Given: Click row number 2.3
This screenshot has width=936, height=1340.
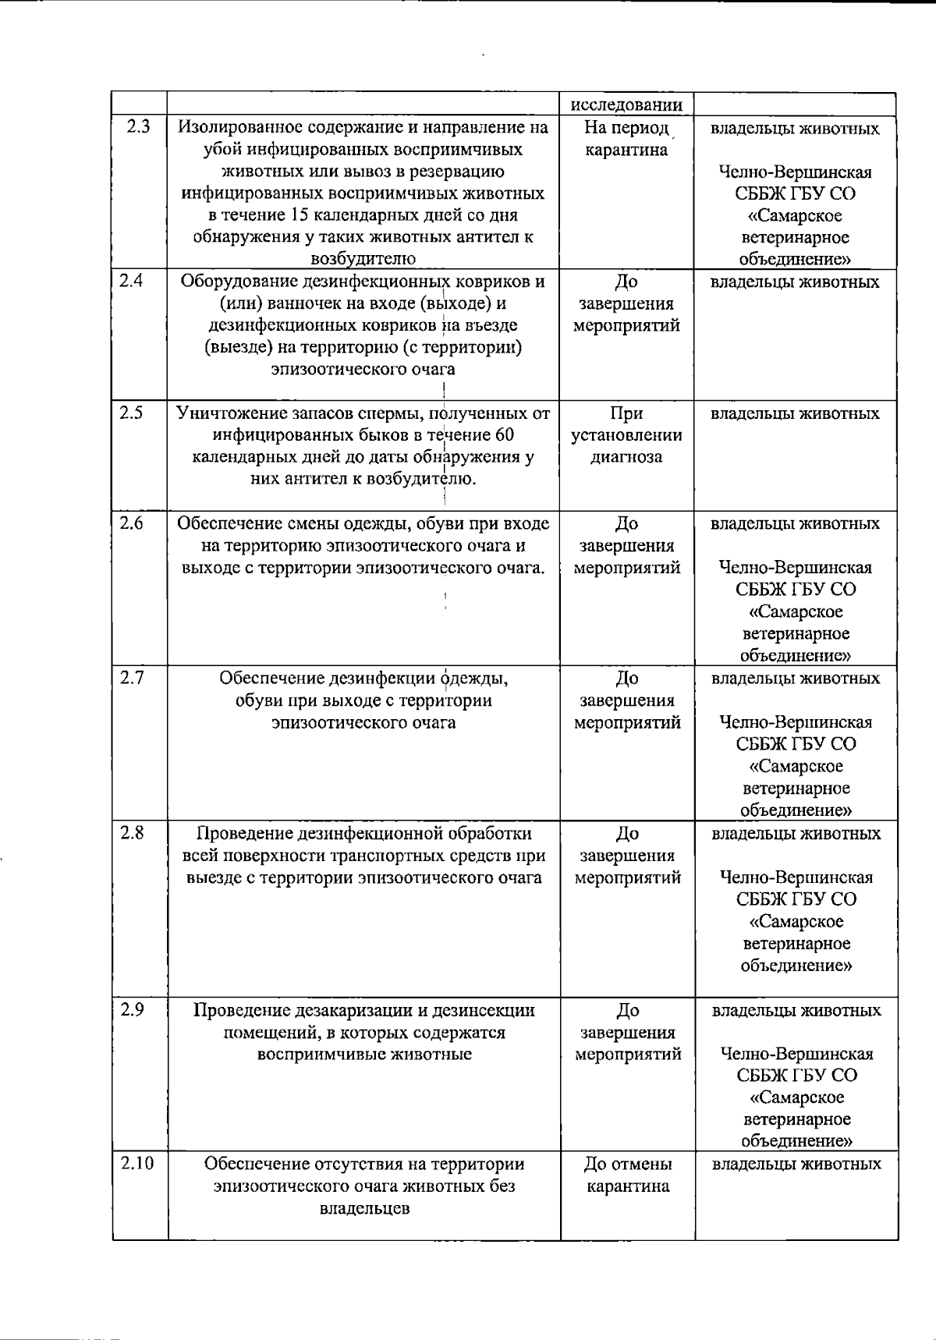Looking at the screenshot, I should point(137,126).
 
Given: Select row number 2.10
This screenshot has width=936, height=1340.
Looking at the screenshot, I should point(138,1163).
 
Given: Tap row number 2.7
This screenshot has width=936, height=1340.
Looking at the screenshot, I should point(133,677).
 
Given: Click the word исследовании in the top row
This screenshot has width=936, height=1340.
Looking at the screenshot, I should point(627,105).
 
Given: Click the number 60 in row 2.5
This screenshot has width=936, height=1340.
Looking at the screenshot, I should point(502,434).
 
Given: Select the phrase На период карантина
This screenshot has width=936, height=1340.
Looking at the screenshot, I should point(627,138).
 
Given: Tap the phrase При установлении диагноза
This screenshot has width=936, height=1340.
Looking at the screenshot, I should point(627,434).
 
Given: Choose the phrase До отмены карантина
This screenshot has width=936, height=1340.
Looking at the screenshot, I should point(627,1175).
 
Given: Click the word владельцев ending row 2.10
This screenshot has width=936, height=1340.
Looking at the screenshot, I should point(364,1209).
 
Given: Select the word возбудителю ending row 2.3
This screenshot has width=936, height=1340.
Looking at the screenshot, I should point(363,258).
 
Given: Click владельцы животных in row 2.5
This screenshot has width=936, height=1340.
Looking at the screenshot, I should point(795,413).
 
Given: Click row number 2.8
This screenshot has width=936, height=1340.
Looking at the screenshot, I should point(133,832).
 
